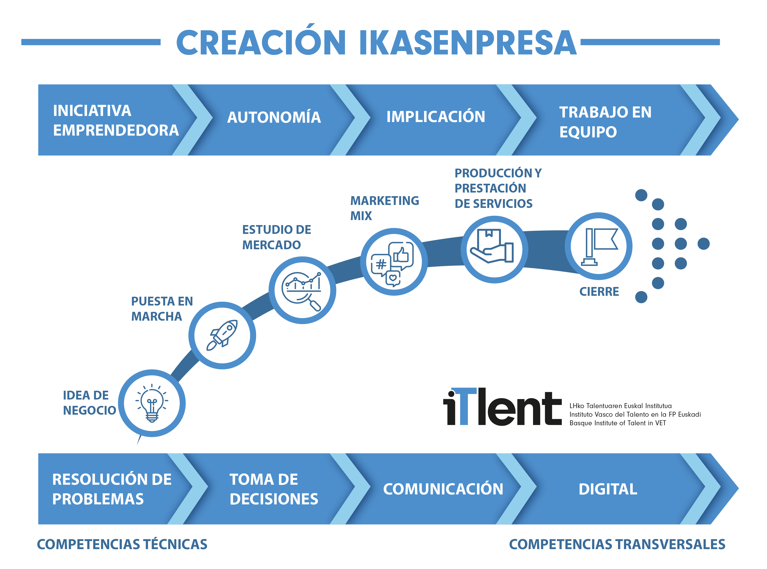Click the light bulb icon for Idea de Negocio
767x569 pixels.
coord(152,403)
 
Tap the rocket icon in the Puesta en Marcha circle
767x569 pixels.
coord(222,335)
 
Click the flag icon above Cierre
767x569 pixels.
coord(599,247)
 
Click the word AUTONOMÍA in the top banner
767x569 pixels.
coord(274,117)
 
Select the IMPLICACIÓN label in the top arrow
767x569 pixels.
coord(436,116)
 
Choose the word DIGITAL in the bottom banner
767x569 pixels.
coord(608,489)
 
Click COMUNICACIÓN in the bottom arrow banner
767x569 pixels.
coord(443,489)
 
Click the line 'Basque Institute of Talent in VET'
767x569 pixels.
coord(617,423)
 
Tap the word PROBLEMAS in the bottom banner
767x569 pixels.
coord(98,499)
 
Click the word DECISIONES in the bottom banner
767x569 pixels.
coord(274,499)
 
